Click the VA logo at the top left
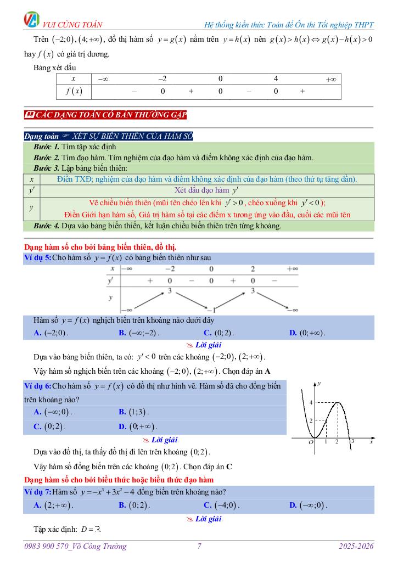(x=32, y=20)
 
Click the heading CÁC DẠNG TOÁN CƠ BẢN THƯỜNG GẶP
(x=106, y=114)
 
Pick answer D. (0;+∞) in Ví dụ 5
(x=307, y=333)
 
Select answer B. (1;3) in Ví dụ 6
(x=134, y=412)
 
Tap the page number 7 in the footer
(x=199, y=546)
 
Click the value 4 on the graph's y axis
(x=310, y=402)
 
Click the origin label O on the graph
(x=311, y=442)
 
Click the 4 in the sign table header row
(x=276, y=78)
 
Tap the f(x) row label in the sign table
(x=73, y=92)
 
